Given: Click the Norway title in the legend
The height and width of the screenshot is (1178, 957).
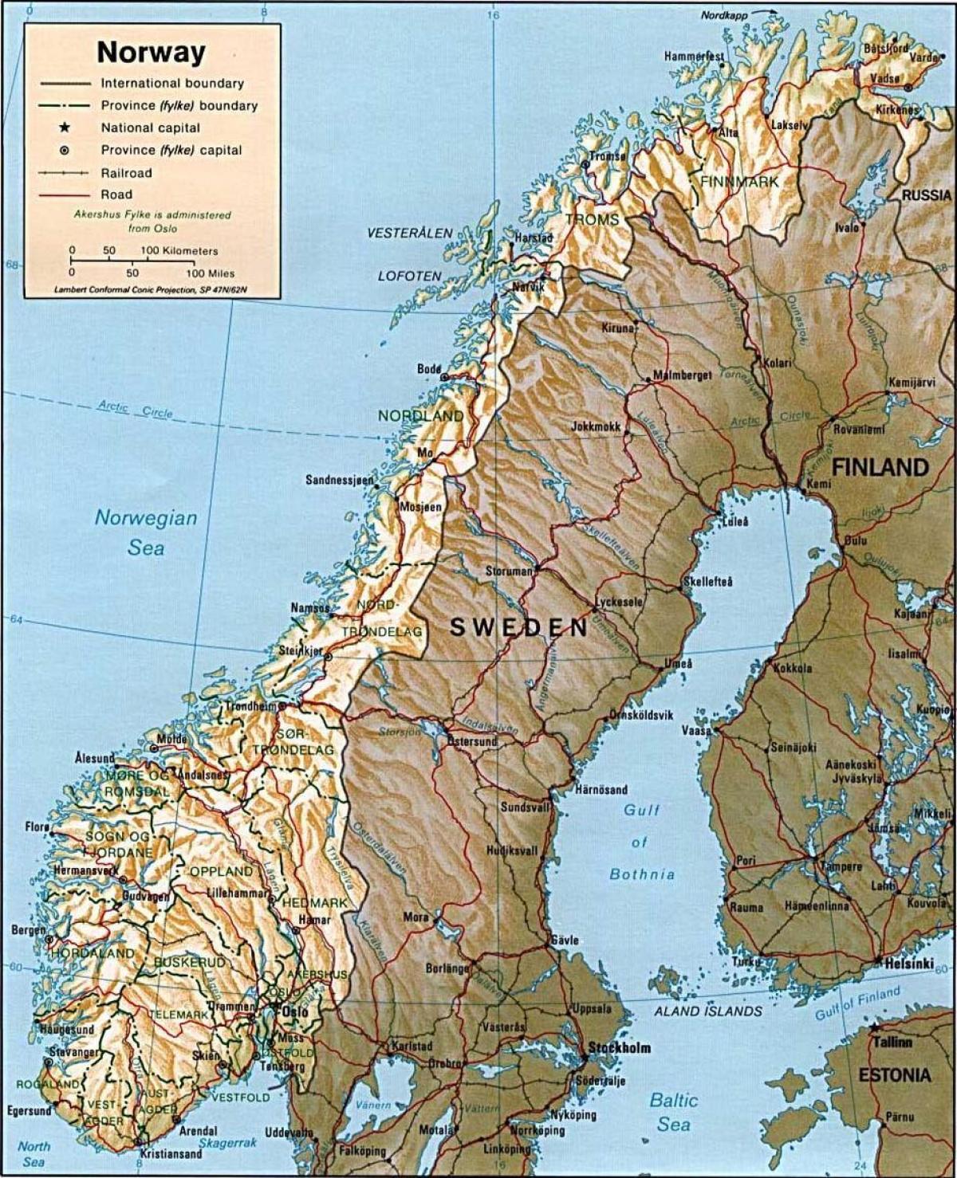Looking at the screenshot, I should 151,53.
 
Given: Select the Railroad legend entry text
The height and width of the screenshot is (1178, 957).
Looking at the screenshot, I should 126,173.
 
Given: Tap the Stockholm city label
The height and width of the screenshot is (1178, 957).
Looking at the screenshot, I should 620,1048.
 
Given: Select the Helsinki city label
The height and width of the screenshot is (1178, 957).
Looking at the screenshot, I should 909,964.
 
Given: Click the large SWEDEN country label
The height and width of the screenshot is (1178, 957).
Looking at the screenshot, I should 518,627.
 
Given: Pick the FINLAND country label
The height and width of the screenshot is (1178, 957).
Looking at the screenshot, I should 880,467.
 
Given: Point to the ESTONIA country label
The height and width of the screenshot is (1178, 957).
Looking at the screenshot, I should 894,1075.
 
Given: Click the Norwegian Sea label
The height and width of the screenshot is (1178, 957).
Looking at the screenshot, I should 146,532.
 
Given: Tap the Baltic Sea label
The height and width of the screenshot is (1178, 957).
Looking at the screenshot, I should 674,1112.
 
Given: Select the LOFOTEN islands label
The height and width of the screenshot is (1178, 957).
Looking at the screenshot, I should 409,276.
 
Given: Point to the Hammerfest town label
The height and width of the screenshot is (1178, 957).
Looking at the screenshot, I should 694,57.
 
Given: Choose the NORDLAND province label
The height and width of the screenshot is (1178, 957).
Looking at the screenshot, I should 420,416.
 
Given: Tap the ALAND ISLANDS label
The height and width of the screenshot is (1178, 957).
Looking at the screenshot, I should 708,1011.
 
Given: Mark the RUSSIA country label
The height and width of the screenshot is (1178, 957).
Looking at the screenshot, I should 927,195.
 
